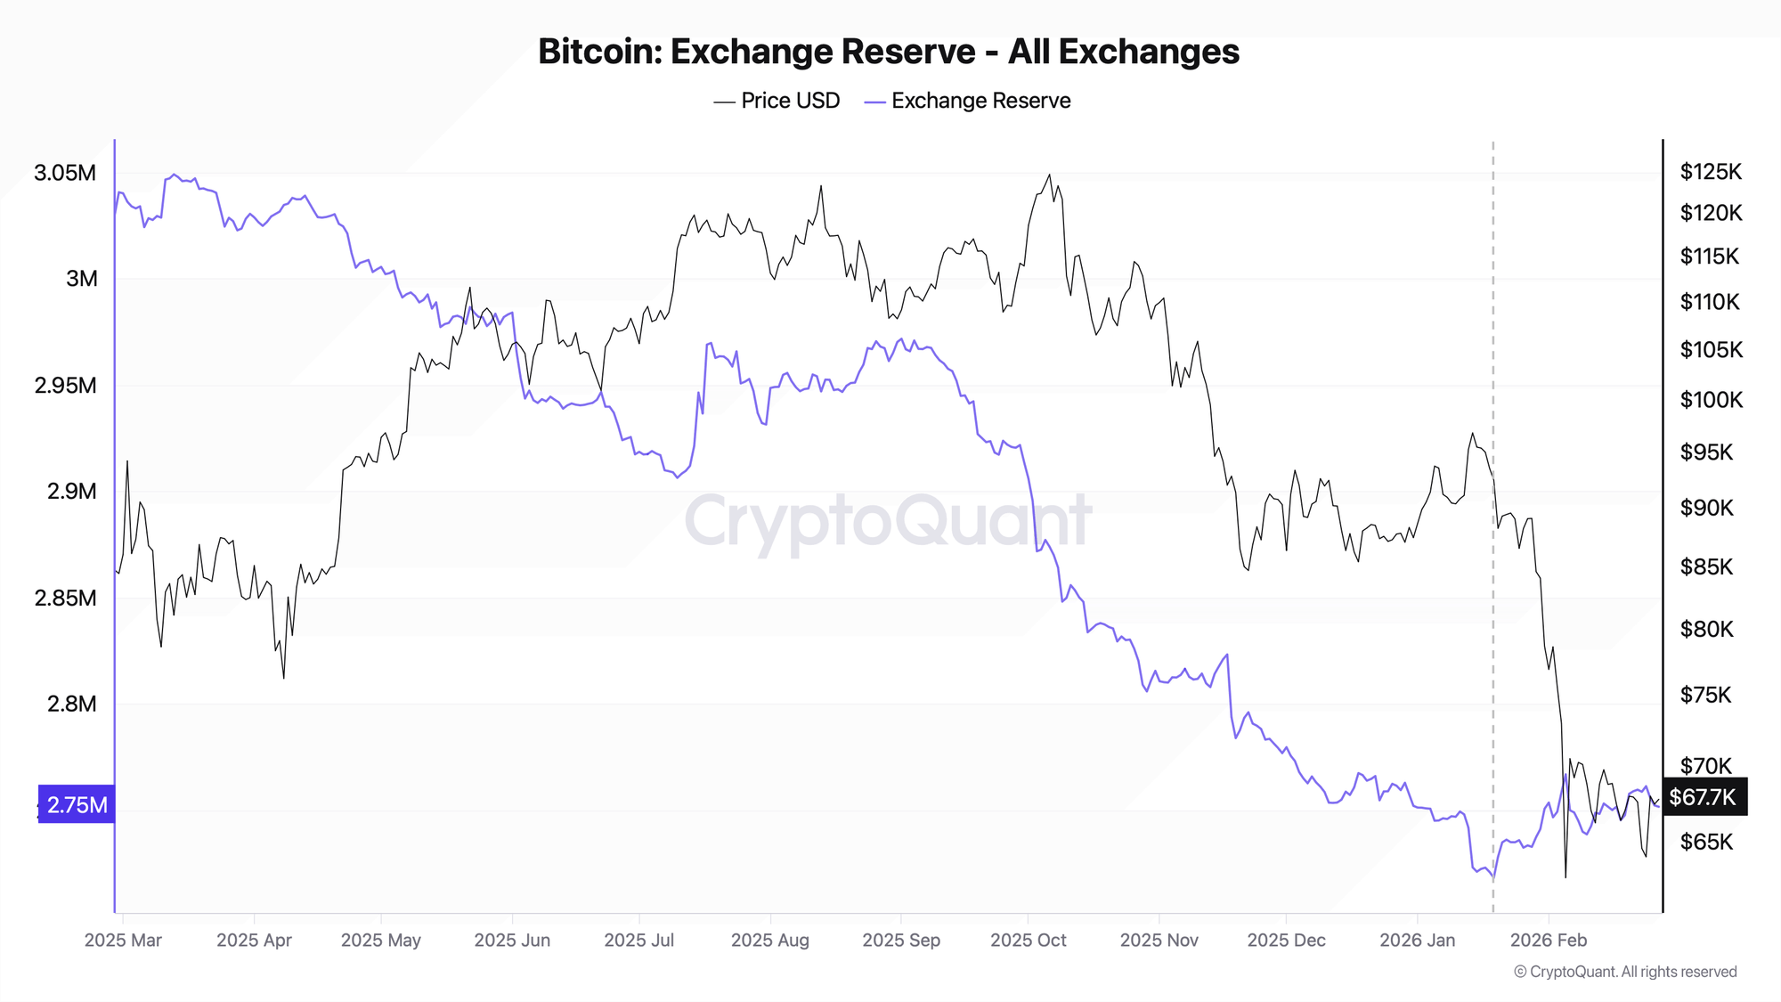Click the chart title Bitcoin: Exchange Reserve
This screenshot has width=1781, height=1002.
888,52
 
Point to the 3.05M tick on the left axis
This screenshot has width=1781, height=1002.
65,173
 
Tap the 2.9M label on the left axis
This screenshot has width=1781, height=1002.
71,492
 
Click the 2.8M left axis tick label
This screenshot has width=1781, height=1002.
71,705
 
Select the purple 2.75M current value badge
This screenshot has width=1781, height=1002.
77,805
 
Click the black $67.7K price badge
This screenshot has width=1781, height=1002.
1704,797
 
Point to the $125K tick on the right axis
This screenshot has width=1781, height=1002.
1710,172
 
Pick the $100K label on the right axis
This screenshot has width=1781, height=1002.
1711,400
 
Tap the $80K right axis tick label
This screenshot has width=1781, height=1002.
1706,630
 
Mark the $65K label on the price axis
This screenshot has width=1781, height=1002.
1706,842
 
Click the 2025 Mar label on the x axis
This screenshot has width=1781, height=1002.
123,941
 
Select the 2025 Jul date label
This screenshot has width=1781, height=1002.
638,941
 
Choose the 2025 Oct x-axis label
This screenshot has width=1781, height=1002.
1028,941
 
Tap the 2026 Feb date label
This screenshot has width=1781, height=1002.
1549,941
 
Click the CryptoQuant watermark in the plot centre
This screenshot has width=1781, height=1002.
888,521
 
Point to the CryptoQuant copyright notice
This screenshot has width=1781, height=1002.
1625,972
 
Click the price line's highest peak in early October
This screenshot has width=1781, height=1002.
1049,175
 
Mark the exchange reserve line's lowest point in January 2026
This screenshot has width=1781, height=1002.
1492,879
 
